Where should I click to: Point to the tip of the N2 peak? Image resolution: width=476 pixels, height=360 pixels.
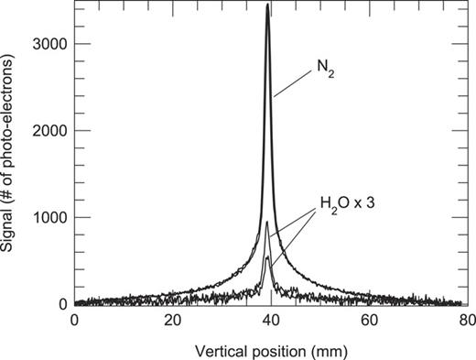click(267, 5)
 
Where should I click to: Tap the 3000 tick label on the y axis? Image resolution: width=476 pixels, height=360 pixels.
click(50, 44)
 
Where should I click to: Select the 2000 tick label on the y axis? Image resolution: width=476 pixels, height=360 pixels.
click(50, 131)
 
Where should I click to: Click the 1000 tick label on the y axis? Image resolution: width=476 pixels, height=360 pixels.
click(50, 218)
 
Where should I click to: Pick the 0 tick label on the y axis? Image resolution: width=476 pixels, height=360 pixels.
click(63, 304)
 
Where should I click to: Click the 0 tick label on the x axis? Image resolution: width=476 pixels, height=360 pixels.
click(75, 320)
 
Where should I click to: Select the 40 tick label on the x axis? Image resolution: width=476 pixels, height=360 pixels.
click(269, 320)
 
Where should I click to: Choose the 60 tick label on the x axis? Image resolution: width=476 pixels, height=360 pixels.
click(367, 320)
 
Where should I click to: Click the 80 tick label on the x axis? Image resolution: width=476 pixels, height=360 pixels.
click(464, 320)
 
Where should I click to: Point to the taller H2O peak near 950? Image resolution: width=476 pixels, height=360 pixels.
click(267, 223)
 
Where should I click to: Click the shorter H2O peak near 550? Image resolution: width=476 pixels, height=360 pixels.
click(267, 258)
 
